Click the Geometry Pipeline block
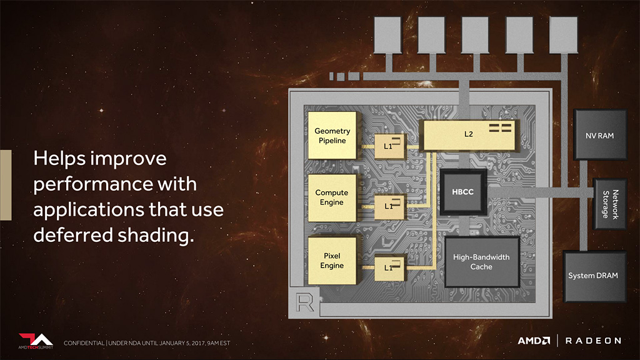pyautogui.click(x=332, y=136)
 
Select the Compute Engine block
pyautogui.click(x=332, y=197)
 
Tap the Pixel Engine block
pyautogui.click(x=332, y=261)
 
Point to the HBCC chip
pyautogui.click(x=463, y=192)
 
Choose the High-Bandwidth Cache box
pyautogui.click(x=481, y=262)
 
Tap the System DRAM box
pyautogui.click(x=594, y=276)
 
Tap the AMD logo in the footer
pyautogui.click(x=534, y=341)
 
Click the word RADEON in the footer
pyautogui.click(x=593, y=341)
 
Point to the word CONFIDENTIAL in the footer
pyautogui.click(x=84, y=343)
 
